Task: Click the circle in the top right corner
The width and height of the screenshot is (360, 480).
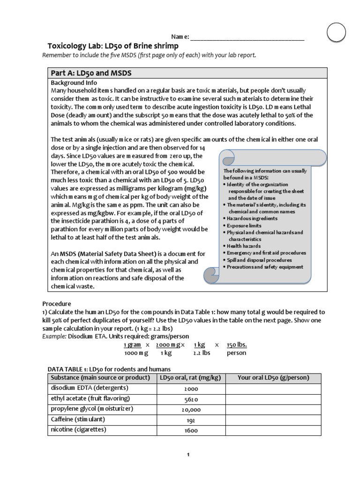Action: [x=336, y=32]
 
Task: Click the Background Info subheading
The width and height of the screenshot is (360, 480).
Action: [x=74, y=82]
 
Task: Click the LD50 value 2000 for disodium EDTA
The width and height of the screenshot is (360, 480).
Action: [x=191, y=389]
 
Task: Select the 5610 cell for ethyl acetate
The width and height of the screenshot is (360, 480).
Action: [x=191, y=400]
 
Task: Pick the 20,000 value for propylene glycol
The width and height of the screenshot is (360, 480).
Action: [x=191, y=410]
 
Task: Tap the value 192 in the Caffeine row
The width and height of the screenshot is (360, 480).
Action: [x=191, y=420]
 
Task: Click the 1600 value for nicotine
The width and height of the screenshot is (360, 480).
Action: [x=191, y=430]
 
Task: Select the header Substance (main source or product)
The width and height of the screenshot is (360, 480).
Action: [x=100, y=378]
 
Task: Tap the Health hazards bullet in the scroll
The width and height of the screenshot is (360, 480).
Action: [x=244, y=246]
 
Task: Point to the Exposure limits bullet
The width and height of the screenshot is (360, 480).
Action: [x=245, y=225]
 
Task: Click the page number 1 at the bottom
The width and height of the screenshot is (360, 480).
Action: [x=187, y=455]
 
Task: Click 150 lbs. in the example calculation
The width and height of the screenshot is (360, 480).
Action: [x=237, y=345]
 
